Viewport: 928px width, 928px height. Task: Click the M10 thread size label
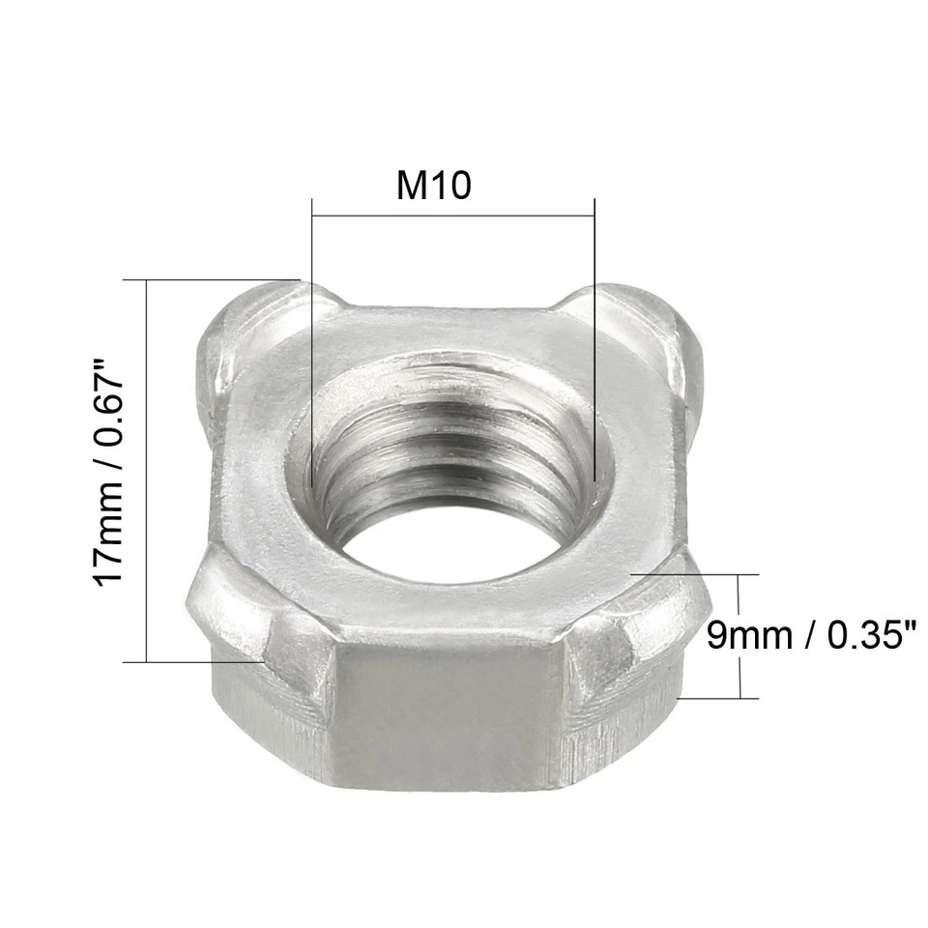(x=434, y=184)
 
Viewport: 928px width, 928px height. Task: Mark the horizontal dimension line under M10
(x=452, y=216)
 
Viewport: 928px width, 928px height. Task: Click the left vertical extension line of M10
(x=312, y=338)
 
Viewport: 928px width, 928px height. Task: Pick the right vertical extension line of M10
(x=594, y=338)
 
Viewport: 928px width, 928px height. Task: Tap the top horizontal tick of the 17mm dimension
(x=213, y=280)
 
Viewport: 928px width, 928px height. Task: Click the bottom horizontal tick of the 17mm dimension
(x=193, y=662)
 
